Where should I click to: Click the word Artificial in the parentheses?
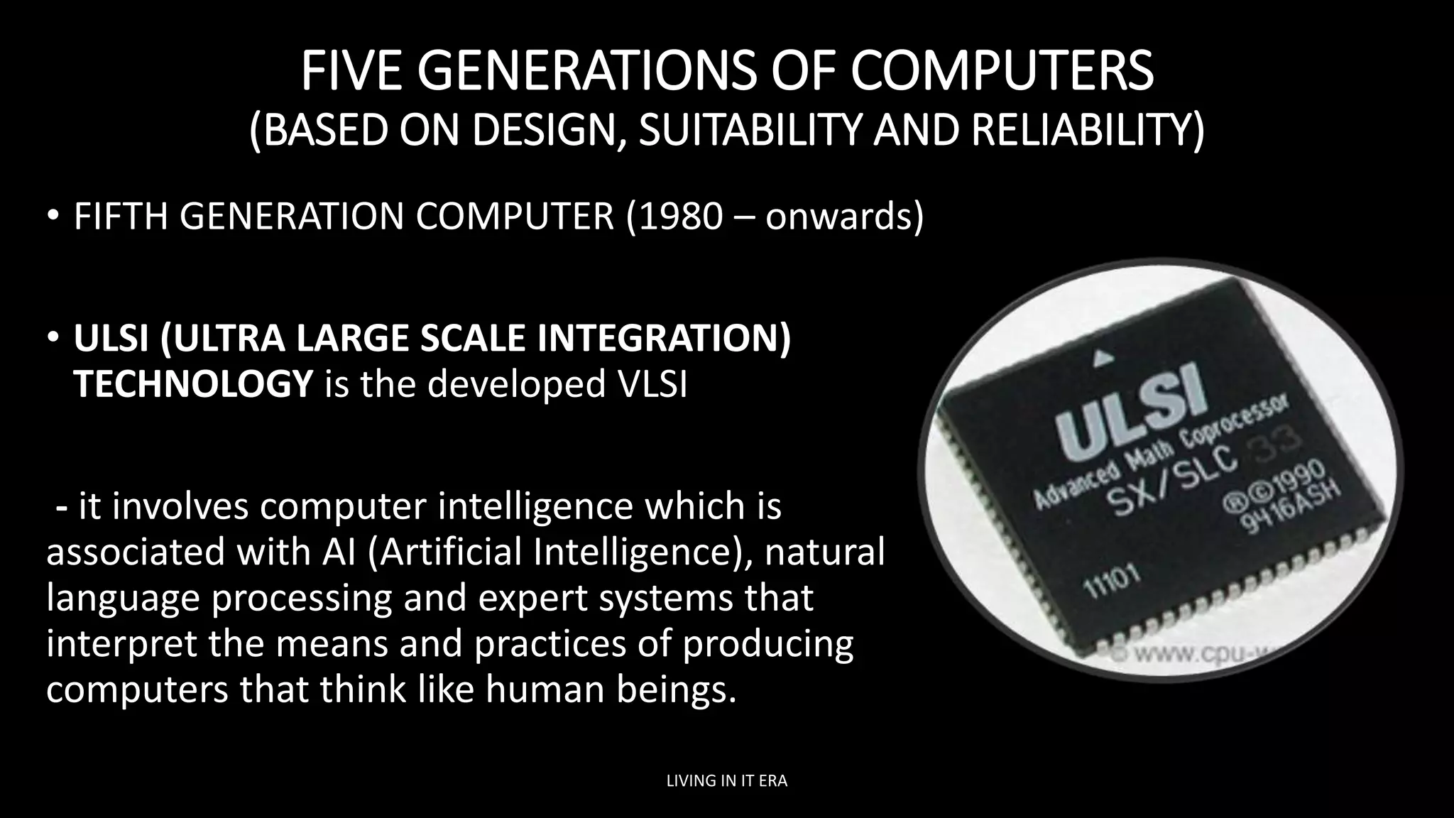[451, 552]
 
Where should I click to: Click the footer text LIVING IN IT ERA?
[727, 781]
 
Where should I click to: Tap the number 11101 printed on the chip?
[1112, 582]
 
